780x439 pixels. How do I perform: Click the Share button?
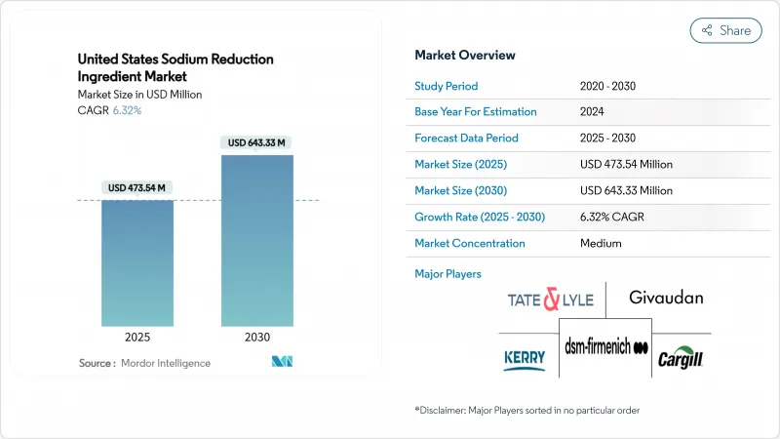click(726, 30)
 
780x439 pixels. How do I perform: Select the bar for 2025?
click(138, 263)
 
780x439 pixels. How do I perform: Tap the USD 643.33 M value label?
click(257, 142)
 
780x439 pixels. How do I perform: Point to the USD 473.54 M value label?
click(138, 187)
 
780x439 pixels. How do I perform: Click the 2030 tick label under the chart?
click(257, 338)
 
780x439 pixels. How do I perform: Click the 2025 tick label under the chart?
click(138, 338)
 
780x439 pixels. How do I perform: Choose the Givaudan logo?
click(666, 297)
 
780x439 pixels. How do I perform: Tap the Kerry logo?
click(525, 358)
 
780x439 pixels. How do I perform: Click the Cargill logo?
click(681, 357)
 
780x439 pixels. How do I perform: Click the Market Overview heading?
click(465, 55)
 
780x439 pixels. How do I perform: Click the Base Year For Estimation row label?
click(478, 112)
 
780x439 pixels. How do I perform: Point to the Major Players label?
click(448, 273)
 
